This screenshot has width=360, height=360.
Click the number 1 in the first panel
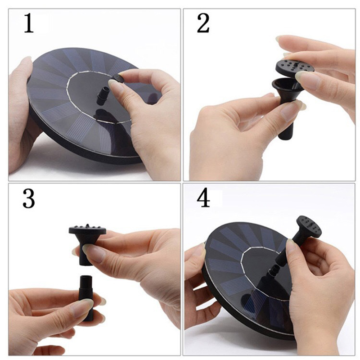pyautogui.click(x=29, y=23)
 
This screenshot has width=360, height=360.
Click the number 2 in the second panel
pyautogui.click(x=203, y=23)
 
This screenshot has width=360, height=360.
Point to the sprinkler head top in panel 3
pyautogui.click(x=87, y=229)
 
